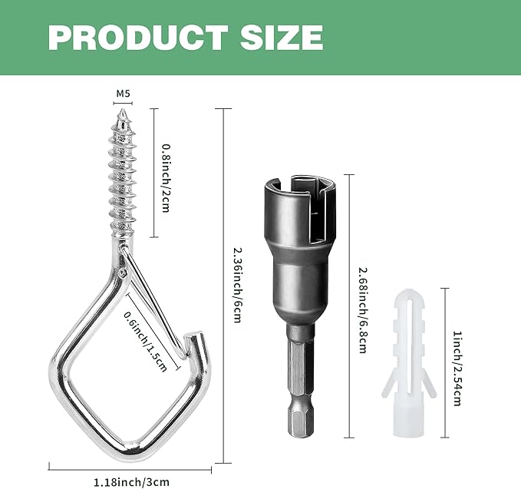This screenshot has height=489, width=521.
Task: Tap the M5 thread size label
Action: [123, 94]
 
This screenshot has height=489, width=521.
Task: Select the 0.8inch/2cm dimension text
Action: [166, 177]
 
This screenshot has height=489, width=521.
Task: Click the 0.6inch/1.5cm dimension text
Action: [145, 342]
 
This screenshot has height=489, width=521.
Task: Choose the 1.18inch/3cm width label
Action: [131, 481]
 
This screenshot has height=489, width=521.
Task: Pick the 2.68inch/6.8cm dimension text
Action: [363, 310]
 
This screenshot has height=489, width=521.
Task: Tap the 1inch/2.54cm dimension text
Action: [457, 368]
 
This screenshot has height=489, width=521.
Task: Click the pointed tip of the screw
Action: [123, 110]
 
